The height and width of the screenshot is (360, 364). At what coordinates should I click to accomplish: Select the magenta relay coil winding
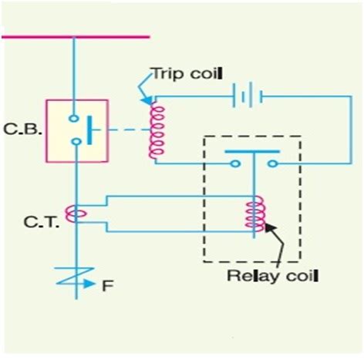[252, 215]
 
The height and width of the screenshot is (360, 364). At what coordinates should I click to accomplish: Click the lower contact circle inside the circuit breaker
[75, 142]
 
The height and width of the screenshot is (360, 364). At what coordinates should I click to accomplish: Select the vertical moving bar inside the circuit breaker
[92, 130]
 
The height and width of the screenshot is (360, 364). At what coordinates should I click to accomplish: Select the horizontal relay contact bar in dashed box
[253, 153]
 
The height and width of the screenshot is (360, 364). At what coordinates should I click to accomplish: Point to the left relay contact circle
[232, 163]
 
